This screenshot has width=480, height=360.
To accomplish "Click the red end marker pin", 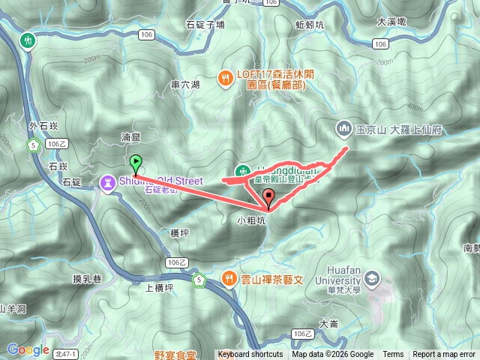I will click(x=269, y=197).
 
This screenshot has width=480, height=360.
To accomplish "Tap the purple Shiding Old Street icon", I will click(x=109, y=181).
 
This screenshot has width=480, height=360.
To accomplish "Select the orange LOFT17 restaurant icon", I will click(x=223, y=75).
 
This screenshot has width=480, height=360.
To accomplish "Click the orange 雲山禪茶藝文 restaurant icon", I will click(x=229, y=278).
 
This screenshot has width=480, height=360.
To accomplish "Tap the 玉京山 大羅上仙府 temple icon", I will click(x=343, y=129).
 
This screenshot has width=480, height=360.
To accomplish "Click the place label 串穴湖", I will click(x=185, y=85).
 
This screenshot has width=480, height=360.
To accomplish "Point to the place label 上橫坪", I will click(x=158, y=286).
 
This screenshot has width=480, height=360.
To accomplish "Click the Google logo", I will click(x=28, y=349).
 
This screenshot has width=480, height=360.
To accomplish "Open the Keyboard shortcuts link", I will click(x=250, y=355).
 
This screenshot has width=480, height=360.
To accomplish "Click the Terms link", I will click(x=393, y=355).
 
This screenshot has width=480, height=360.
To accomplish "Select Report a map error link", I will click(x=444, y=355).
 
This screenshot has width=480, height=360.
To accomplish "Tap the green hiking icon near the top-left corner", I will click(x=28, y=39).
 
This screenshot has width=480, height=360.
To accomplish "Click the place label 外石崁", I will click(x=43, y=126).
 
